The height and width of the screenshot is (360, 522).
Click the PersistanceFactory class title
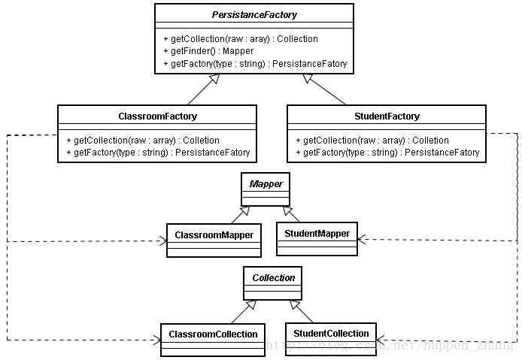tap(254, 14)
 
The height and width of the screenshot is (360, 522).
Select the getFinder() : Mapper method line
tap(208, 51)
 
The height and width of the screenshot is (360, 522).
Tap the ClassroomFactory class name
tap(157, 116)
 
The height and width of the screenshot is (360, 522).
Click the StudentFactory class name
tap(387, 116)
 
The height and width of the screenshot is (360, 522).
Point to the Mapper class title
tap(266, 183)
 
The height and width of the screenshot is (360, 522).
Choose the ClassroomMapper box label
tap(214, 235)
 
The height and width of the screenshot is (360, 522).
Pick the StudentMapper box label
tap(317, 234)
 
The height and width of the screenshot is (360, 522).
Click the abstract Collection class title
tap(273, 278)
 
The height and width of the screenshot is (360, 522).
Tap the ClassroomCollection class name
tap(213, 334)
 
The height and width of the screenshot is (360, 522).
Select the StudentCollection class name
tap(331, 334)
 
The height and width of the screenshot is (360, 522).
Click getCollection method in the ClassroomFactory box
tap(143, 141)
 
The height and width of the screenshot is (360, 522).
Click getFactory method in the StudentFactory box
tap(387, 153)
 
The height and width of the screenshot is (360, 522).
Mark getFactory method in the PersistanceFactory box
tap(255, 64)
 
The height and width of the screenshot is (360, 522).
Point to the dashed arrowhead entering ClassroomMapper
tap(163, 241)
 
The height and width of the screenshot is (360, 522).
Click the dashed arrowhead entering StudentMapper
tap(362, 239)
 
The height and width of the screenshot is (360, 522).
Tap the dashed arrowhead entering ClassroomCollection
tap(157, 340)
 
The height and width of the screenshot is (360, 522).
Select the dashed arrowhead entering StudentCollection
tap(381, 340)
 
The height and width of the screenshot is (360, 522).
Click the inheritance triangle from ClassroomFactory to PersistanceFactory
tap(214, 79)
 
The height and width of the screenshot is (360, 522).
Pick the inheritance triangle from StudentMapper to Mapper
tap(287, 210)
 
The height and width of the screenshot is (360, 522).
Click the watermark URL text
tap(390, 345)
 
